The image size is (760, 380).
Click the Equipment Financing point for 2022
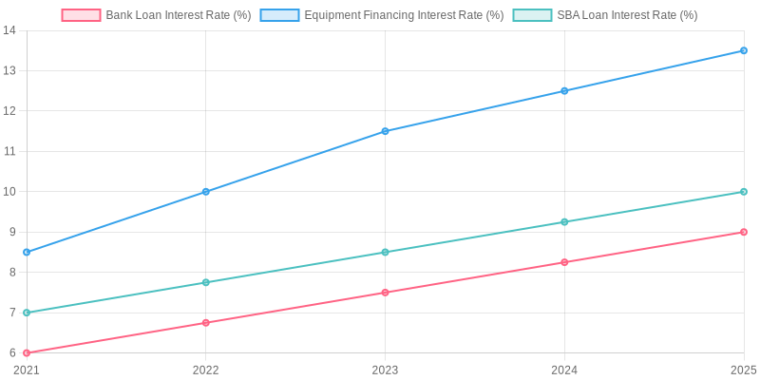[206, 192]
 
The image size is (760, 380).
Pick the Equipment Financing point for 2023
[385, 131]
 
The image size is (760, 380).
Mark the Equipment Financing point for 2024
[564, 91]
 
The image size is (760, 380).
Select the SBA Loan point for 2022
[206, 282]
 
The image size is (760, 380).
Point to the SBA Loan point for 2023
[385, 252]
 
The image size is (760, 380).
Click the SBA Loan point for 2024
[564, 222]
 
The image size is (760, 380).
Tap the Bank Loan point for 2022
[206, 323]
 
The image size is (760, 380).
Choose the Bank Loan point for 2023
[385, 293]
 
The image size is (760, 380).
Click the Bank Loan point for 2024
[564, 262]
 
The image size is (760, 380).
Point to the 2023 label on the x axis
[385, 370]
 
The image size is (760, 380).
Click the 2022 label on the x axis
[206, 370]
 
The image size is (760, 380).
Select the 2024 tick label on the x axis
[564, 370]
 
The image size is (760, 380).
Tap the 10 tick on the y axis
[9, 192]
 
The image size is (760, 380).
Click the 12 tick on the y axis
[9, 111]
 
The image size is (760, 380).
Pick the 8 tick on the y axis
[12, 273]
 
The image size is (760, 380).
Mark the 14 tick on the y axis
[9, 30]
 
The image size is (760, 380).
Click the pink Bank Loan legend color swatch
[81, 15]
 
